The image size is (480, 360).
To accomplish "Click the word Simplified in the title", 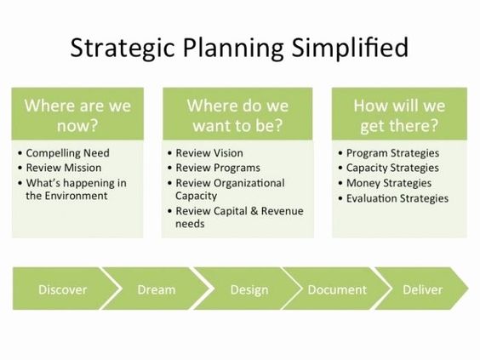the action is click(350, 47).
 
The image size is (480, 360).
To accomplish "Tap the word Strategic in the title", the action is click(123, 48).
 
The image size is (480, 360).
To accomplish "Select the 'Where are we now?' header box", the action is click(77, 114).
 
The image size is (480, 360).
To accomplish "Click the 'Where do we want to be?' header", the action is click(237, 114).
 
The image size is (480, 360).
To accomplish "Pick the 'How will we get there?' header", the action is click(399, 114).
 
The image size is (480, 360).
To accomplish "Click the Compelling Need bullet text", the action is click(67, 153).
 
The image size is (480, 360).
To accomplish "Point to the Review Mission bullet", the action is click(64, 168).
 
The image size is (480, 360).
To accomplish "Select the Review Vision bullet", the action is click(209, 153).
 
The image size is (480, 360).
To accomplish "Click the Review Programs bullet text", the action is click(218, 168).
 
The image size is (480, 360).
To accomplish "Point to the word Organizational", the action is click(249, 183).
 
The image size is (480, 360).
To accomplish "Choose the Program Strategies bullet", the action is click(392, 153).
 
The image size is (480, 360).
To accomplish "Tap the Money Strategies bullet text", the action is click(389, 183).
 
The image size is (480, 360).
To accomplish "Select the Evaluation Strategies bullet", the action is click(397, 198).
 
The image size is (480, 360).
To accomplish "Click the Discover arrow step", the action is click(63, 289).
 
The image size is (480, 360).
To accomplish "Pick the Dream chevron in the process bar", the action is click(157, 289).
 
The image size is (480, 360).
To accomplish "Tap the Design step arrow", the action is click(249, 289).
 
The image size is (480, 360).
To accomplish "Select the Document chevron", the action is click(337, 289).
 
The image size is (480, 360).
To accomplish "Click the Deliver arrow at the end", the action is click(422, 289).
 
